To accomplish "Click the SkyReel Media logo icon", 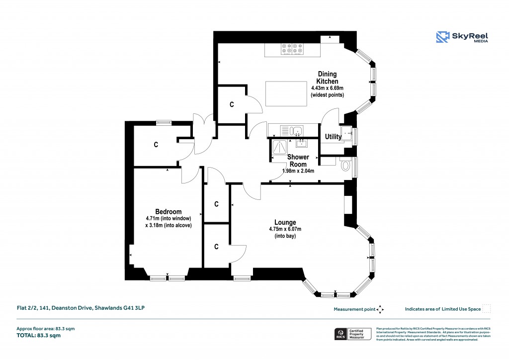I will pos(443,37).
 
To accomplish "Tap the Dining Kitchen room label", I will pos(328,78).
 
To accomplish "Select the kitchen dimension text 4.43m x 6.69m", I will pos(327,88).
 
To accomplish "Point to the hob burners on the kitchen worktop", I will pos(292,49).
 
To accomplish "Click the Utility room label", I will pos(333,137).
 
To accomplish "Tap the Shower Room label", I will pos(298,161).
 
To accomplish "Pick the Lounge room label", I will pos(285,222).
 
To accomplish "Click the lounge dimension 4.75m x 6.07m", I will pos(285,229).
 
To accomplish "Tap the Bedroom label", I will pos(168,211).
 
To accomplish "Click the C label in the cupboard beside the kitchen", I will pos(231,104).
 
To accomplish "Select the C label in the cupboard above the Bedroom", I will pos(156,145).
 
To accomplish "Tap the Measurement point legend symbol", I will pos(380,309).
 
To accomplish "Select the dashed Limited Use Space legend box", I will pos(487,309).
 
